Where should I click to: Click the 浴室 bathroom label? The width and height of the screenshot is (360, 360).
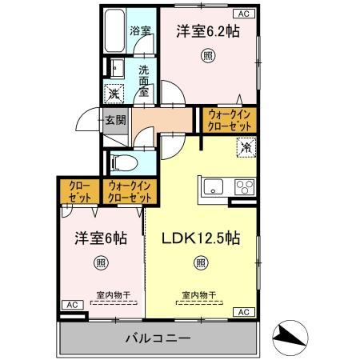click(140, 33)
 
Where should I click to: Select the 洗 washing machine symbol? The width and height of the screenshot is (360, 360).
click(114, 92)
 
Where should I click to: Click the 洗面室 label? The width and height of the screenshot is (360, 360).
click(145, 81)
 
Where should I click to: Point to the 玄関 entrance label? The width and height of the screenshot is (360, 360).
click(114, 121)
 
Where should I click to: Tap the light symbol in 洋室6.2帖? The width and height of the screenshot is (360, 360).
click(207, 56)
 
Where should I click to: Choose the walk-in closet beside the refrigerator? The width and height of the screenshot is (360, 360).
click(230, 121)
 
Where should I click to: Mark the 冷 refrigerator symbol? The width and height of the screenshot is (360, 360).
click(246, 146)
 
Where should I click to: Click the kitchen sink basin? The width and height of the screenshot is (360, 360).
click(214, 188)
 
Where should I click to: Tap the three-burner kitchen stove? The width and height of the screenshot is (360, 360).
click(244, 189)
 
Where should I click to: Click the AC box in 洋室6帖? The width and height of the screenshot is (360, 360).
click(70, 305)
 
